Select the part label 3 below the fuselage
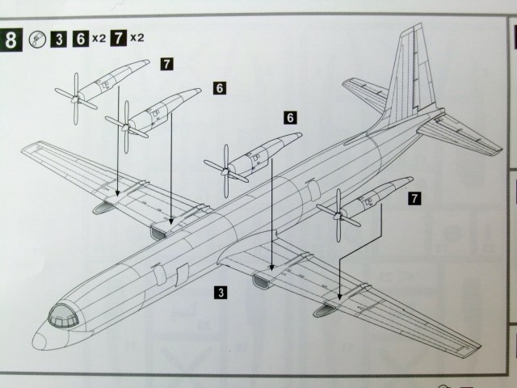point(221,289)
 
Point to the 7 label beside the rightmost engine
point(414,197)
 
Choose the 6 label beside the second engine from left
point(219,86)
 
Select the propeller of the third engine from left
point(223,168)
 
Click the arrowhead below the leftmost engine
point(118,193)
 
